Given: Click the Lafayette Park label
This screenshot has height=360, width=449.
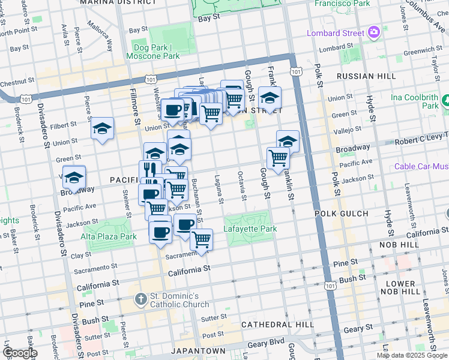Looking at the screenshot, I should coord(250,229).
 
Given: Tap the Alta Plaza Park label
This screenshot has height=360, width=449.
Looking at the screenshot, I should coord(109,236).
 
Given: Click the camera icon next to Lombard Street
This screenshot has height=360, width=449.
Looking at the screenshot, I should coord(375,32).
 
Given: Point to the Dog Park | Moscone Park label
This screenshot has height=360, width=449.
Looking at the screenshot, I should coord(153,52).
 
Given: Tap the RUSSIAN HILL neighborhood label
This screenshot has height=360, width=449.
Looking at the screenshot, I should coord(366,76).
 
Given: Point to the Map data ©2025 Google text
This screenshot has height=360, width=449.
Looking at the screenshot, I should coord(412,355).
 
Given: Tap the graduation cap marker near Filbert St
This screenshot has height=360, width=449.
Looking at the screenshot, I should coord(103,128).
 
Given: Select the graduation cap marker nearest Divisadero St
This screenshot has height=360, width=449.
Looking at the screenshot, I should coord(74,177).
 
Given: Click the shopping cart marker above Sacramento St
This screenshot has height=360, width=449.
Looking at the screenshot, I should coord(202,239).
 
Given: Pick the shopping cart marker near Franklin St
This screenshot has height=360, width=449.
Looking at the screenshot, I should coord(278,158).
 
